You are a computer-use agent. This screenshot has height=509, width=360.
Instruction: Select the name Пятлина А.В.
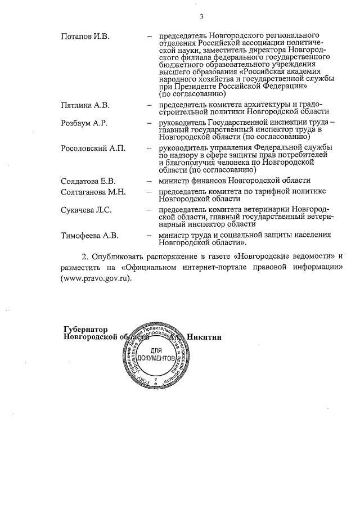[85, 105]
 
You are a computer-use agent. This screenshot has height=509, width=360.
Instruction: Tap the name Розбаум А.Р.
[84, 123]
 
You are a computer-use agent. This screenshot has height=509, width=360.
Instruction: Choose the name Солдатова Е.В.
[88, 181]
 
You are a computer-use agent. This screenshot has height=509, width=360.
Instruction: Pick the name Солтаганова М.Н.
[93, 191]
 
